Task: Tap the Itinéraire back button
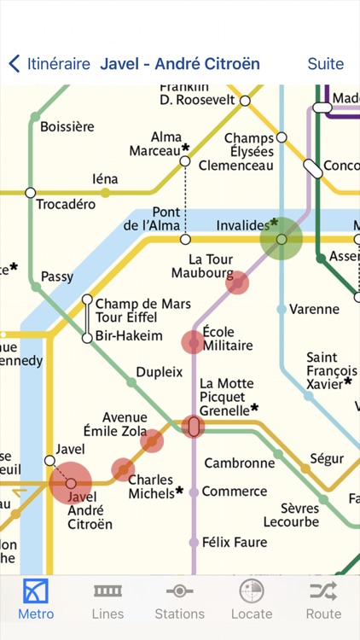tap(49, 64)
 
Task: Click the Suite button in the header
tap(325, 64)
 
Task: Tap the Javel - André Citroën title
tap(180, 64)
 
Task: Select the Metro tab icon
tap(36, 591)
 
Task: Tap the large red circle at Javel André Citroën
tap(71, 484)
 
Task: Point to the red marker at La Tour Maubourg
tap(237, 282)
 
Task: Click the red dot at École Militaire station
tap(194, 342)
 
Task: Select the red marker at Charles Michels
tap(123, 469)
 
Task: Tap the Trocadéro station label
tap(64, 205)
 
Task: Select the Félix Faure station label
tap(234, 542)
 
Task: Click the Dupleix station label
tap(160, 372)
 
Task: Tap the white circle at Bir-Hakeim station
tap(87, 338)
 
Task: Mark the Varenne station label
tap(314, 310)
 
